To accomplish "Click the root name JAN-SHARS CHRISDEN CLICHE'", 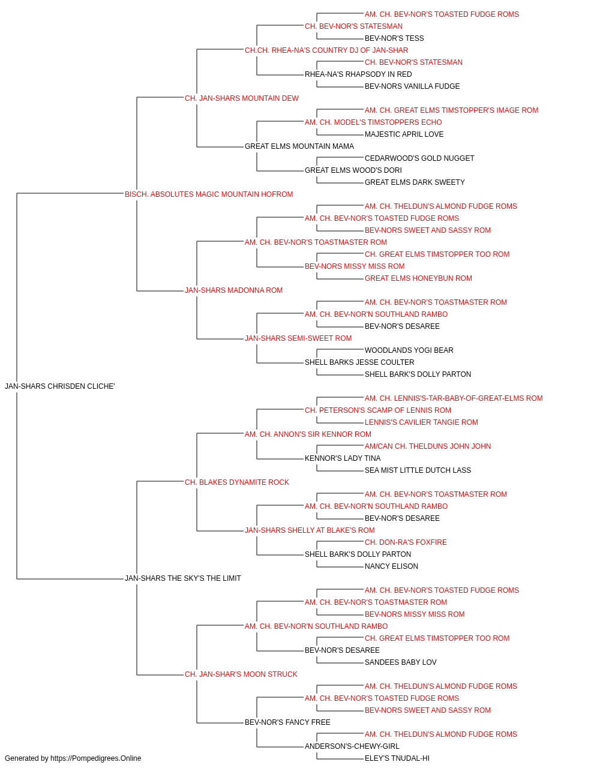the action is coord(60,386).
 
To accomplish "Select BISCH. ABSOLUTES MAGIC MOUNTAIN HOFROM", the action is coord(209,194).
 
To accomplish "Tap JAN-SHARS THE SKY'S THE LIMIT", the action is coord(182,578).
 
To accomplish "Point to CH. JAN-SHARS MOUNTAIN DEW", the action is coord(242,98).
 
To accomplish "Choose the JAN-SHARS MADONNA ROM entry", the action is coord(233,290).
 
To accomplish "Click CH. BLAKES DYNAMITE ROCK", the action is coord(237,482).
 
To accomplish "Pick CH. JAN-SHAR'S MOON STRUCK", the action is coord(241,674).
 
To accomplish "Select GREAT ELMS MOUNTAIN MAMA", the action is coord(299,146).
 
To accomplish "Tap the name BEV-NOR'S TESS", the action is coord(394,38).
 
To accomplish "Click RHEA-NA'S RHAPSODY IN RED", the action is coord(358,74).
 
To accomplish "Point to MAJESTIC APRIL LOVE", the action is coord(404,134).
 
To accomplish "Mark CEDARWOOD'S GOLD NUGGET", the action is coord(419,158).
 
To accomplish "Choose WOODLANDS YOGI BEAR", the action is coord(409,350).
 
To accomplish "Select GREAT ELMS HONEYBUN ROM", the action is coord(418,278).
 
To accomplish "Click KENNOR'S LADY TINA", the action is coord(343,458).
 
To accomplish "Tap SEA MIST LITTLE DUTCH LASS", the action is coord(418,470).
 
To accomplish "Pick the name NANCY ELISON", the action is coord(391,566).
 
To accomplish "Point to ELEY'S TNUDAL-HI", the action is coord(397,758).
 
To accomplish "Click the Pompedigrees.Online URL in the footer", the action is coord(96,758).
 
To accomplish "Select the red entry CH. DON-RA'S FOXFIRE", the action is coord(406,542).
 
